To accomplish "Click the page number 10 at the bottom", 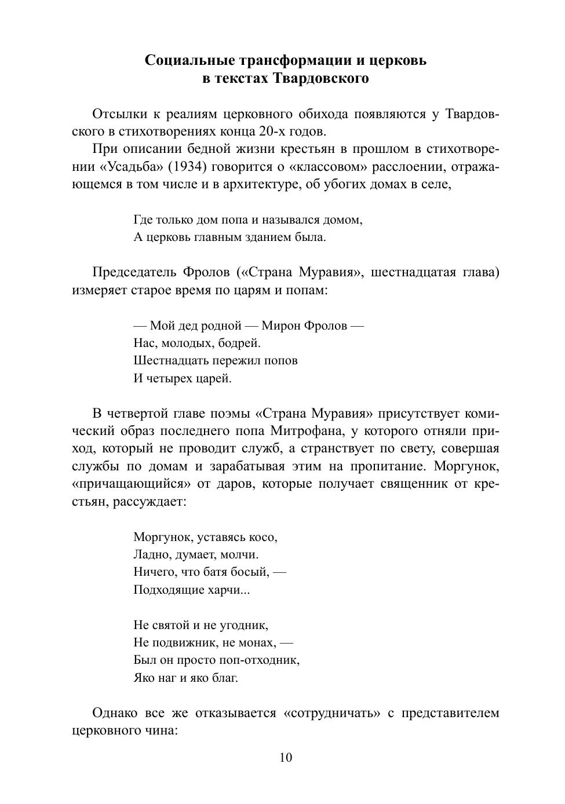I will click(x=286, y=758).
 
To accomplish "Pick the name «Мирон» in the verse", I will click(x=280, y=326).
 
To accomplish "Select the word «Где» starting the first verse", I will click(x=142, y=220).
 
